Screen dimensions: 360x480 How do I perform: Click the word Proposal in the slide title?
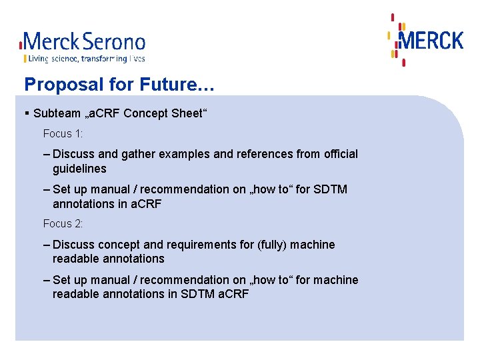click(x=54, y=85)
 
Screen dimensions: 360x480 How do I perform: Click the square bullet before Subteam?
click(x=27, y=113)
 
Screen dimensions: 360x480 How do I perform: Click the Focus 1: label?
click(x=63, y=133)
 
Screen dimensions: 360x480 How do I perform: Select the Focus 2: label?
click(x=63, y=224)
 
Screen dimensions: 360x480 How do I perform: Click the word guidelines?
click(x=79, y=169)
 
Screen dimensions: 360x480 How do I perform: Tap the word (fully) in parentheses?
click(x=273, y=245)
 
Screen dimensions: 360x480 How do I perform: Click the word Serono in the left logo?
click(x=115, y=42)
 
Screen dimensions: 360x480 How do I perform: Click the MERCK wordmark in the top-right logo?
click(x=431, y=41)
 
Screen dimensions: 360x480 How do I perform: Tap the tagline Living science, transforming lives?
click(x=84, y=59)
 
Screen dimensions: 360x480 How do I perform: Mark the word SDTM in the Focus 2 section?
click(x=198, y=294)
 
